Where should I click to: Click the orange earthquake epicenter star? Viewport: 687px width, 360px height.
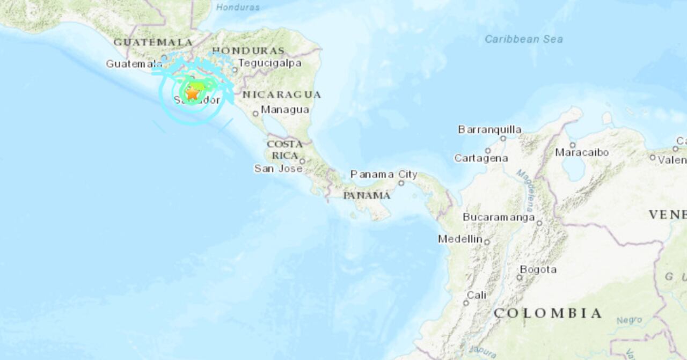(x=192, y=93)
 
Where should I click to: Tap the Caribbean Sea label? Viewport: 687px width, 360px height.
(x=523, y=39)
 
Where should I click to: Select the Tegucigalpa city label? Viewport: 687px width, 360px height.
(x=269, y=63)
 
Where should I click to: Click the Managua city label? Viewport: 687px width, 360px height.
(x=284, y=110)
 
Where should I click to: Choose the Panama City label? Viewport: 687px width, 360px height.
(x=384, y=174)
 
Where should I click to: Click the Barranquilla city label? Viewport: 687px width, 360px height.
(x=489, y=129)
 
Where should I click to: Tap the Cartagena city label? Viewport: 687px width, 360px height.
(x=481, y=158)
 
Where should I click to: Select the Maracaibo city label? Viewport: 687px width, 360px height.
(x=582, y=152)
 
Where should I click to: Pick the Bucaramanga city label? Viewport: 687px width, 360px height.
(x=499, y=217)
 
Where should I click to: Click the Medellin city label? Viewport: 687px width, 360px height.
(x=460, y=239)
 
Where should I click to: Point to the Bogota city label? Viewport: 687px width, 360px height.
(x=538, y=269)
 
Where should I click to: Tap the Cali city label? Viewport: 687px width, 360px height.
(x=477, y=295)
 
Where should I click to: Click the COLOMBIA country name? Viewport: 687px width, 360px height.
(x=547, y=313)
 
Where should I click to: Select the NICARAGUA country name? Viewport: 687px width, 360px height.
(x=281, y=95)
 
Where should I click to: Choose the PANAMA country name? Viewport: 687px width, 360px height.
(x=367, y=195)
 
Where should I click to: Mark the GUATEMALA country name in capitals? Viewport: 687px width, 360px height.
(x=153, y=42)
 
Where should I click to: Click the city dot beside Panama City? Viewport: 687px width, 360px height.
(x=401, y=183)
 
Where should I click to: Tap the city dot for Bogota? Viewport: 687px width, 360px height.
(x=519, y=277)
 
